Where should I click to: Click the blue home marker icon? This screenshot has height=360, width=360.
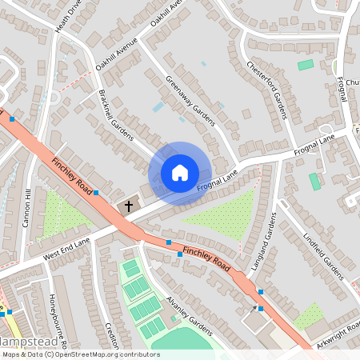180,172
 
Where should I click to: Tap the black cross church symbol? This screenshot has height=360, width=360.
128,207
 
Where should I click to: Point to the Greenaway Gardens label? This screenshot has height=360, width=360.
190,100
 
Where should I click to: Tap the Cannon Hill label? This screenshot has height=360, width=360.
29,208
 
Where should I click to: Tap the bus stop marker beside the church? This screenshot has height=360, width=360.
96,193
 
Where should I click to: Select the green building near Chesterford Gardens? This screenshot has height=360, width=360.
306,65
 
